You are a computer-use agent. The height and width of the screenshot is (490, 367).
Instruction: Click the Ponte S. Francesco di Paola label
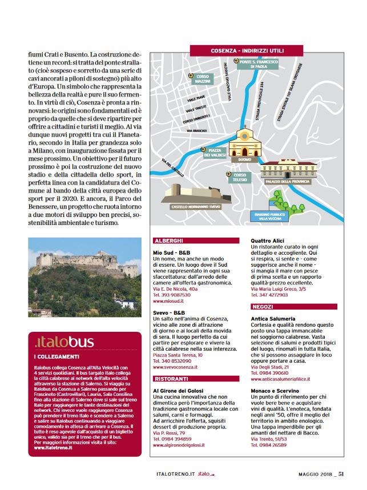point(258,63)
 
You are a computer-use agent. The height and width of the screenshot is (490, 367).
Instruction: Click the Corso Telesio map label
point(240,177)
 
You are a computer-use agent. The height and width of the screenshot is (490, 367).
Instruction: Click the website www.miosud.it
point(168,301)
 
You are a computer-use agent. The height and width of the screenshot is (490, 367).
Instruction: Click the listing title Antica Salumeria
point(273,318)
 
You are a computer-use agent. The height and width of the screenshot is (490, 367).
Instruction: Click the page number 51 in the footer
point(341,473)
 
